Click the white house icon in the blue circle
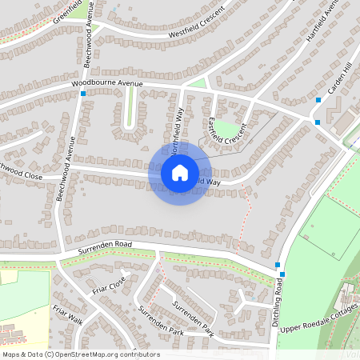180,172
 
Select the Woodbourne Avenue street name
106,83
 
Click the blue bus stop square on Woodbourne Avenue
83,94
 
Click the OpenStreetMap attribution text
81,354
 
